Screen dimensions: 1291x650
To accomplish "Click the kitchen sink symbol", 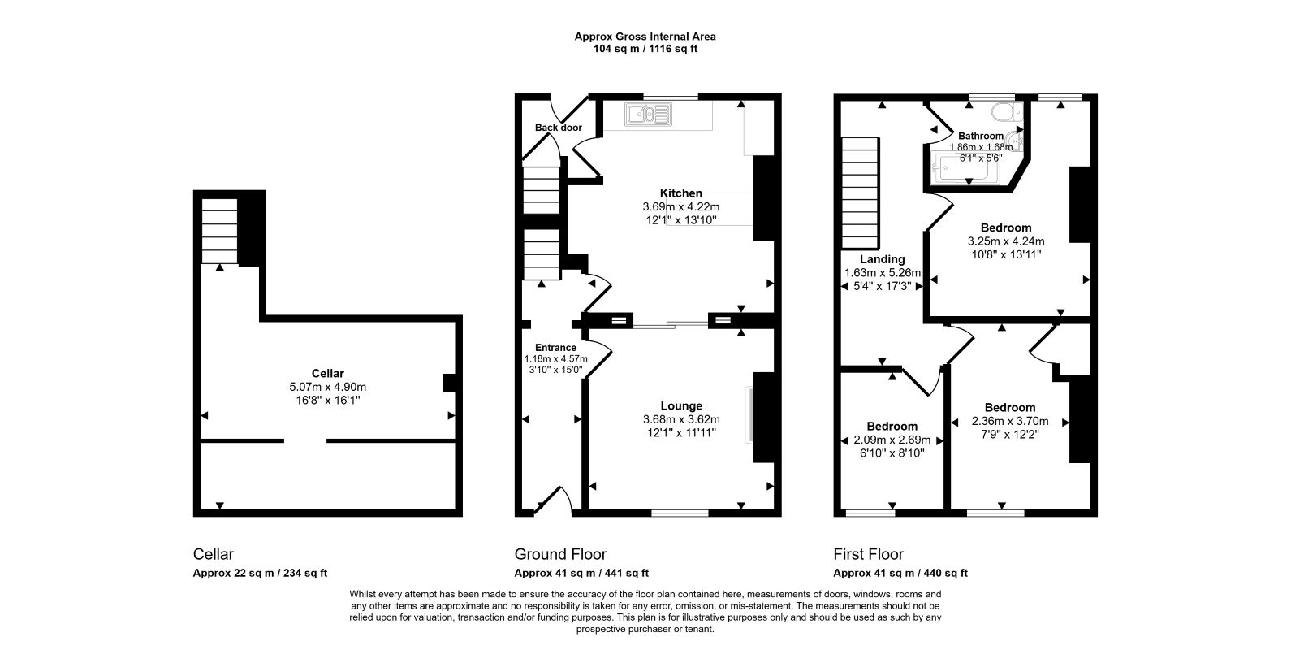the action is (x=648, y=115).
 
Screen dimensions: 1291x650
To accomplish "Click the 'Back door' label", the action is (x=558, y=128).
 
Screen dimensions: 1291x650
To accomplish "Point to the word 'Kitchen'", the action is (x=680, y=193).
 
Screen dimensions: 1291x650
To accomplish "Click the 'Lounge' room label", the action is (x=681, y=406).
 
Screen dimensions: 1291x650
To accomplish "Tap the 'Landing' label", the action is (x=883, y=259).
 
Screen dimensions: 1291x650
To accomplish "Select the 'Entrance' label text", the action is (x=555, y=347).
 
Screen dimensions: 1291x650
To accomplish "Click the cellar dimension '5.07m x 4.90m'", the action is (x=328, y=387).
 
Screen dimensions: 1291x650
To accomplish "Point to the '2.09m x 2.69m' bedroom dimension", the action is (x=892, y=440).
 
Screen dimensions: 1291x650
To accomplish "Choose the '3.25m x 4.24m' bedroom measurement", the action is (x=1006, y=241).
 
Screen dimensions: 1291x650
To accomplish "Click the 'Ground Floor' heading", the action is (x=560, y=554).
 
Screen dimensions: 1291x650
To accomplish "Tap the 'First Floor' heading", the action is (x=869, y=554).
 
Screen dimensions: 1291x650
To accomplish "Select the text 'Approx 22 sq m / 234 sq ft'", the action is (x=260, y=574).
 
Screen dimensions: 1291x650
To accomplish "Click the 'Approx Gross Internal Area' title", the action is (x=645, y=37).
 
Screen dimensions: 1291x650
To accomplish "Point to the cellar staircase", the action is (x=219, y=231).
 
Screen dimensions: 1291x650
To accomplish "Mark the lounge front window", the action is (x=680, y=513).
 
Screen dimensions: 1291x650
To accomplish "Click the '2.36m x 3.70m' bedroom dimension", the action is (x=1010, y=421).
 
